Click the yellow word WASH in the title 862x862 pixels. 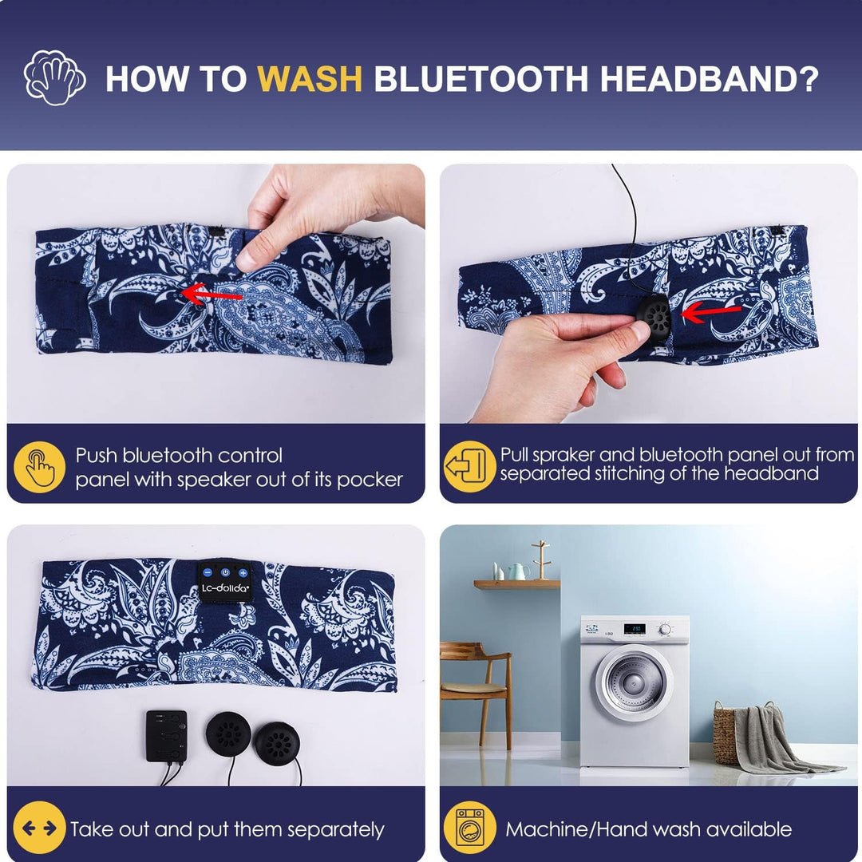(x=310, y=78)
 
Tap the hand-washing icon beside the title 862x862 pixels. (x=54, y=77)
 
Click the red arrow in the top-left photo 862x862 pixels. (x=212, y=294)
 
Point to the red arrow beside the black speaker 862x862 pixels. (x=711, y=312)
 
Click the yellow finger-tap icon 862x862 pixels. (x=40, y=467)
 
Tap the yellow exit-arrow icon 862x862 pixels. (x=469, y=466)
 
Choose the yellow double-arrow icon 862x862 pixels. (x=40, y=828)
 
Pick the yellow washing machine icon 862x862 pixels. (x=469, y=828)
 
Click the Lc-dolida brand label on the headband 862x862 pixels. (x=225, y=581)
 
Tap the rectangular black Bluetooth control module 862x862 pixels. (x=167, y=736)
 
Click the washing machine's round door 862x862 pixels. (x=635, y=681)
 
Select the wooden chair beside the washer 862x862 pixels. (x=476, y=693)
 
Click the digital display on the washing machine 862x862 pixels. (x=635, y=628)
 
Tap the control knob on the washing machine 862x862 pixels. (x=665, y=629)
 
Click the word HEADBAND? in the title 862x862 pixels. (x=710, y=78)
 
